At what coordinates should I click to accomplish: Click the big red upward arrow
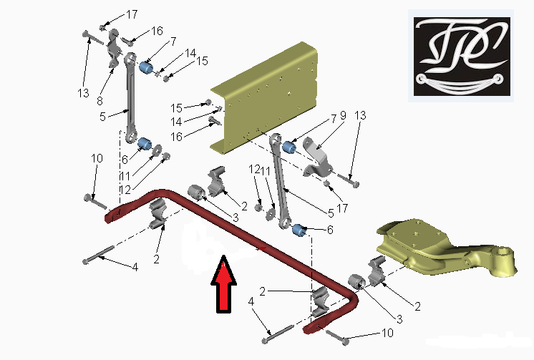223,283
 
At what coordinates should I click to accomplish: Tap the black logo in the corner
462,57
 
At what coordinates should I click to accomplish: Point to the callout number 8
99,101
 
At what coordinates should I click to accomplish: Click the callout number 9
343,115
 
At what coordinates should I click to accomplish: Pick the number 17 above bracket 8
132,14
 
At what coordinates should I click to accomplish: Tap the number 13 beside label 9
360,115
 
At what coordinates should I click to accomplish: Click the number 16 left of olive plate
176,137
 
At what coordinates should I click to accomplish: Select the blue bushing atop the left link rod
147,67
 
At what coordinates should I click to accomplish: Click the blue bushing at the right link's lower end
299,230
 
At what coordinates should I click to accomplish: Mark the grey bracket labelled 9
317,157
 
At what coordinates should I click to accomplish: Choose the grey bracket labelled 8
114,48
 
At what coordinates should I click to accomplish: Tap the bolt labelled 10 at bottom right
337,336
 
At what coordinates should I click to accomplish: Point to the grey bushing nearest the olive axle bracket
356,281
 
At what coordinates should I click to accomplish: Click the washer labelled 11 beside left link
157,150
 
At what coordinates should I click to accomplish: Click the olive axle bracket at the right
446,247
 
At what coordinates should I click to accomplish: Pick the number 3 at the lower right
399,319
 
